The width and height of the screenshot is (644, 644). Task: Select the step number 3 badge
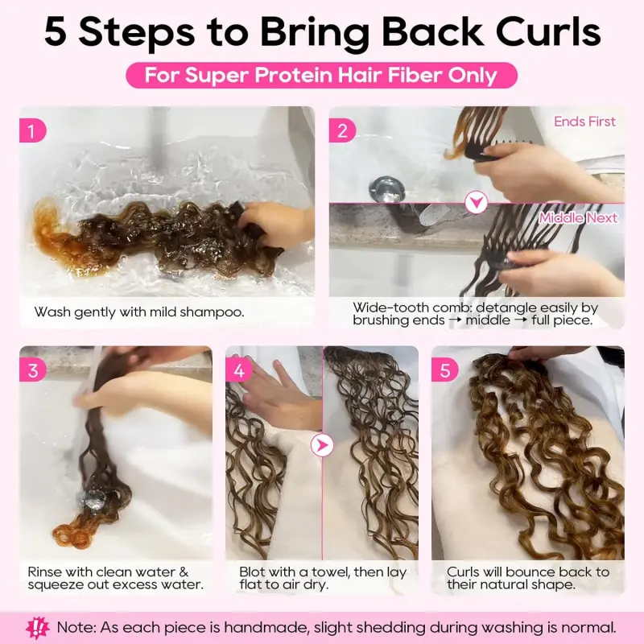(x=32, y=371)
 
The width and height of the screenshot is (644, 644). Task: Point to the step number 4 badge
(x=238, y=371)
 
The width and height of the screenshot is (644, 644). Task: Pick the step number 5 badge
(x=444, y=371)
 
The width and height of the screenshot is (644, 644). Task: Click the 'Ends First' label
(x=584, y=122)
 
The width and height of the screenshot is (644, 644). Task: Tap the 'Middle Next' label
(x=578, y=217)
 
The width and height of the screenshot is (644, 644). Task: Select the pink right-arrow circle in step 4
(x=322, y=444)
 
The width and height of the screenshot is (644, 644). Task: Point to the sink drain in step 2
(x=383, y=188)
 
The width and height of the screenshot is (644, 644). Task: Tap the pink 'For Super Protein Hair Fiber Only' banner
(x=321, y=76)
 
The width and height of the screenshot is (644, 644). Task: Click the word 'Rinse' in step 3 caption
(x=45, y=572)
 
